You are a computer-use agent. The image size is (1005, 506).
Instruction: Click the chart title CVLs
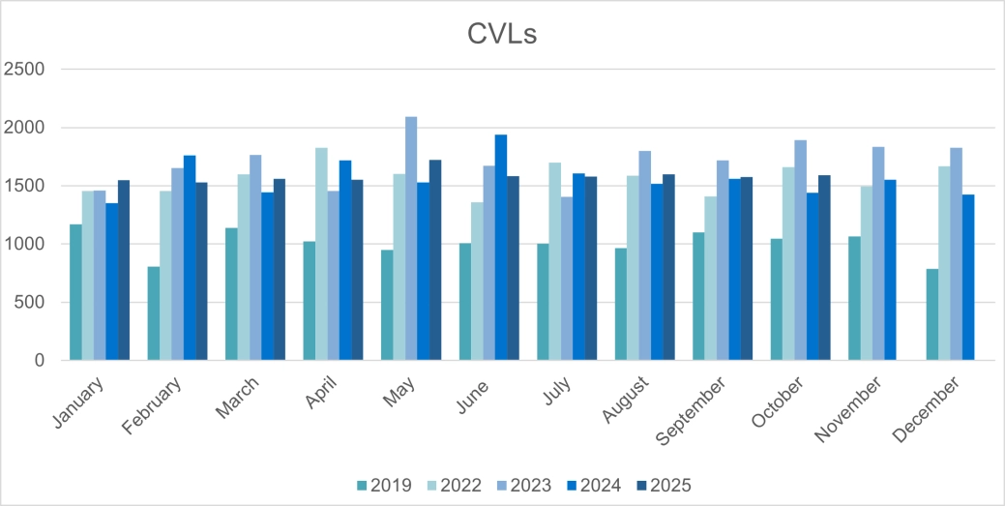pos(501,35)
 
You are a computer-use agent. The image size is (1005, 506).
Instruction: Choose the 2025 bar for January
pos(124,270)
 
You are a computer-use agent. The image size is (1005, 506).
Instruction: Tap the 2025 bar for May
pos(435,260)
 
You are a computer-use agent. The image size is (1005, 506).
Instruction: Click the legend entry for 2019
pos(384,485)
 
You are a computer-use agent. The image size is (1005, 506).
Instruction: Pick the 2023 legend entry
pos(523,485)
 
